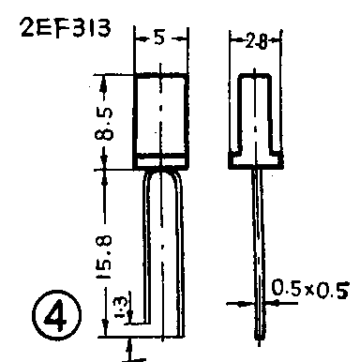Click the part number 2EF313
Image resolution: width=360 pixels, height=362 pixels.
66,28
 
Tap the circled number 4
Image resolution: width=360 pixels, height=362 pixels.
56,315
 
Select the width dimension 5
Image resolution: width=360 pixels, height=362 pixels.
159,38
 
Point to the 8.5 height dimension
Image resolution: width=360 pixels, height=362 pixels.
104,124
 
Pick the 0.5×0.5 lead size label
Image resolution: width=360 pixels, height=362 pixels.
309,289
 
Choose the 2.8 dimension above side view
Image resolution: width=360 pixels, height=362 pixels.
256,41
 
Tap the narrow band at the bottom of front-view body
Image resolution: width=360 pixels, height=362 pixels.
161,162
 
